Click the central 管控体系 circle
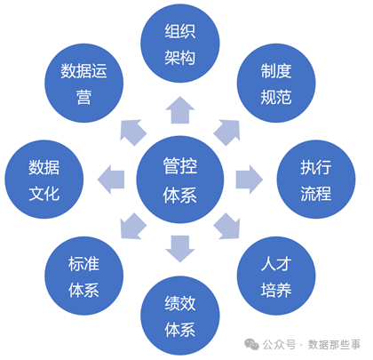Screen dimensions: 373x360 180,180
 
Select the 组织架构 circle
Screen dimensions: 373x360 180,44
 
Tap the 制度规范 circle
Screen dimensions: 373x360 276,83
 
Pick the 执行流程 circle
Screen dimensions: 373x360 316,180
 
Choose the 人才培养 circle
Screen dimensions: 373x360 276,276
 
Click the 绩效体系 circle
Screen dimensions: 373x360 180,316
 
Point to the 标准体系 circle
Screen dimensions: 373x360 83,276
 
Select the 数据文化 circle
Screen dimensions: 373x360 44,180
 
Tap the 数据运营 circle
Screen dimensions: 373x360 83,83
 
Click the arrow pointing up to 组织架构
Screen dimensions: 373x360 180,110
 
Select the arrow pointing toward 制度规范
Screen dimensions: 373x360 227,132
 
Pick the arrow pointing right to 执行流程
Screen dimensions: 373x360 250,180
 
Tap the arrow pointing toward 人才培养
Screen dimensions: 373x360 227,226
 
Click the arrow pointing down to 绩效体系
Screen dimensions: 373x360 180,249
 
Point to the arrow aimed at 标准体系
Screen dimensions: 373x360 133,226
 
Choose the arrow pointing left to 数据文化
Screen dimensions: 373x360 111,180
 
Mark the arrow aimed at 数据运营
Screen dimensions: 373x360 133,132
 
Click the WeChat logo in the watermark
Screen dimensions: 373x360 251,344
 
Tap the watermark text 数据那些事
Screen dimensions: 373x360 334,344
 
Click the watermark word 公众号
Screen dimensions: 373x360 280,344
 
